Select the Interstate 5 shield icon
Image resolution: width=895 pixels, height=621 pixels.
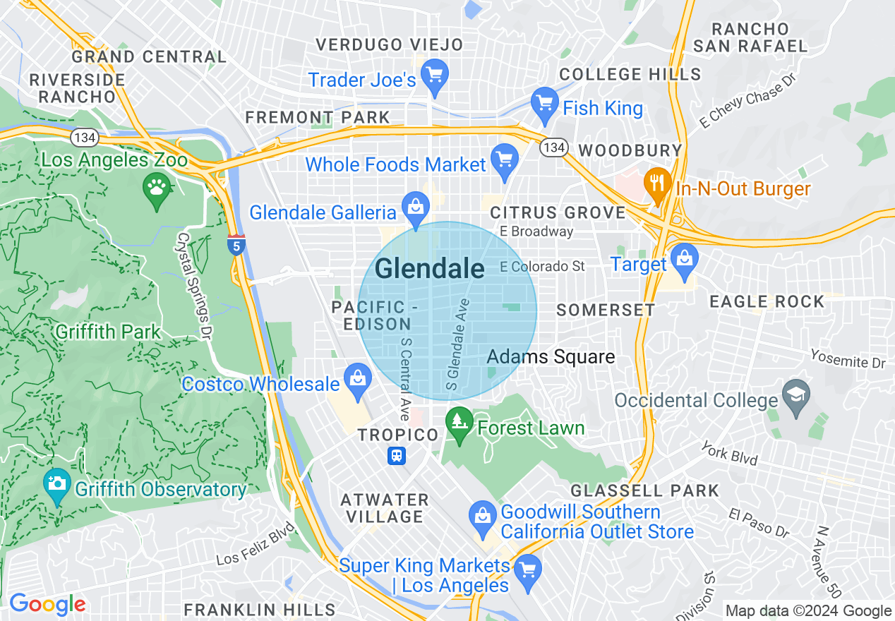click(236, 245)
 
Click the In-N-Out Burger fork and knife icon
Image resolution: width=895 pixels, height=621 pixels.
click(658, 183)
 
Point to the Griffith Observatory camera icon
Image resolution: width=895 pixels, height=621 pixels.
click(56, 483)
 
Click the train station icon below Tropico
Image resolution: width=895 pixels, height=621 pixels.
click(397, 456)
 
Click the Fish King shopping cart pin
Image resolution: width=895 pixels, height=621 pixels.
click(544, 102)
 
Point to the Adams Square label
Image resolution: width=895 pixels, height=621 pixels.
click(551, 357)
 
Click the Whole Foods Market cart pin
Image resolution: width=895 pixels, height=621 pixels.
click(504, 159)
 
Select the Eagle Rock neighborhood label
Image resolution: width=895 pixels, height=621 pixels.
click(767, 302)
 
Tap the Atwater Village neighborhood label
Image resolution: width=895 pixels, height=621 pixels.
click(385, 508)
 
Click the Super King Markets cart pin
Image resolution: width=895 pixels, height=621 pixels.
click(527, 568)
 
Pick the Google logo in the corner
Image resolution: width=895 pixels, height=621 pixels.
click(47, 605)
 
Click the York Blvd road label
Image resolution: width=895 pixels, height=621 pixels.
click(730, 454)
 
